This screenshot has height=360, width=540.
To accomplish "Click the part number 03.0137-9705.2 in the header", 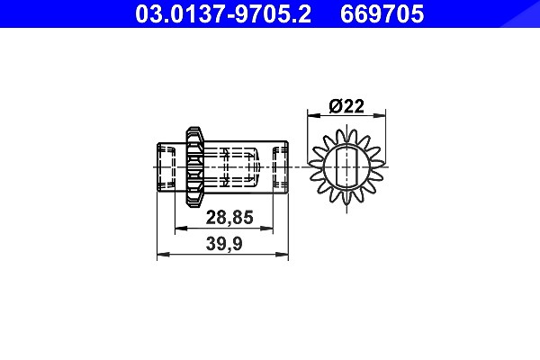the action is [x=223, y=13].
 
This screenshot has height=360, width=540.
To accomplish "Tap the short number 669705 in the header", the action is [x=382, y=13].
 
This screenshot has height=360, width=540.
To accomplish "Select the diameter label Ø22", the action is [x=346, y=106].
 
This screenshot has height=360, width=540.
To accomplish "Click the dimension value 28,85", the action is [x=229, y=218].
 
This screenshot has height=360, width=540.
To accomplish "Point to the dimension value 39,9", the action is [x=224, y=244].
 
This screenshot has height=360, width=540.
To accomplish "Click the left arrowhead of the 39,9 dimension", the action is [x=163, y=255].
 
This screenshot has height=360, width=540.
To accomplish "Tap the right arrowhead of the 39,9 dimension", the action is [x=282, y=255].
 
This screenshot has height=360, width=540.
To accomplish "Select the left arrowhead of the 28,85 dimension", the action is [x=181, y=228].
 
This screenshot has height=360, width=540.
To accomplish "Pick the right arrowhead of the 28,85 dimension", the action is [x=266, y=228].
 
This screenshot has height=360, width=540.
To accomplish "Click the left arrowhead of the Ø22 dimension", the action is [x=314, y=115].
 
